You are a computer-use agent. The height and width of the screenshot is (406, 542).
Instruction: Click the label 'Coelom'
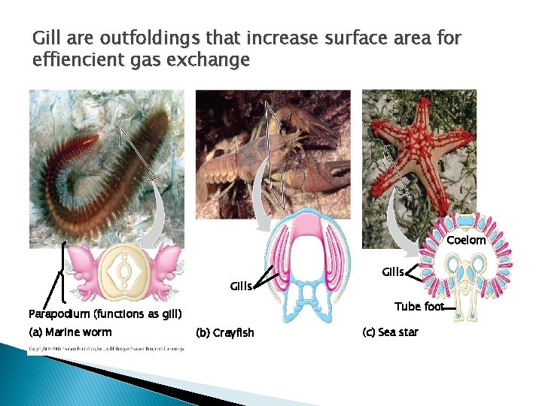tap(466, 241)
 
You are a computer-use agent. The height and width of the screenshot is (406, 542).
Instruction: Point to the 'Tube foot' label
tap(419, 306)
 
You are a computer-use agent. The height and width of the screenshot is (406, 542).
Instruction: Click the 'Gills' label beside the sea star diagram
tap(393, 271)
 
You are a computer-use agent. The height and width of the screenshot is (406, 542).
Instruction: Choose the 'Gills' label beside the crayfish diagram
tap(241, 286)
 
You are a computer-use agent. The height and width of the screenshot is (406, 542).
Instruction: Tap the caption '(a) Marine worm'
tap(69, 332)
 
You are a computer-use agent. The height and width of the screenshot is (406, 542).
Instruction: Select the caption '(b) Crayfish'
tap(224, 332)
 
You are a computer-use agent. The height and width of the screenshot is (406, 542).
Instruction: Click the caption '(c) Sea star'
tap(390, 332)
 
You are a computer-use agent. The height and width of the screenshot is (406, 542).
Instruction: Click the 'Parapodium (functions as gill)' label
tap(105, 314)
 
